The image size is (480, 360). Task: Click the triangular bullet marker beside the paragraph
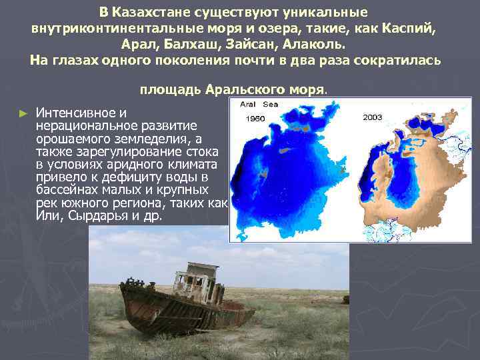click(23, 113)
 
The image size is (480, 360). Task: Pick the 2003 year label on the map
click(372, 117)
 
